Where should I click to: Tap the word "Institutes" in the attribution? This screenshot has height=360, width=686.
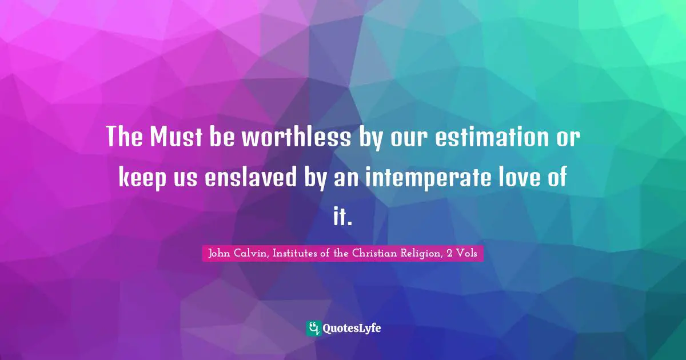(293, 254)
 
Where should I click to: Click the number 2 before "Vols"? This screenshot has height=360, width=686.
(451, 254)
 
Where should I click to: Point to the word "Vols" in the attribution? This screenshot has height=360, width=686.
(468, 254)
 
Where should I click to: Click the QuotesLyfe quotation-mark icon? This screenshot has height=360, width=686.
(313, 328)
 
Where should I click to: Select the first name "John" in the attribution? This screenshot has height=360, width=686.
(220, 254)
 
